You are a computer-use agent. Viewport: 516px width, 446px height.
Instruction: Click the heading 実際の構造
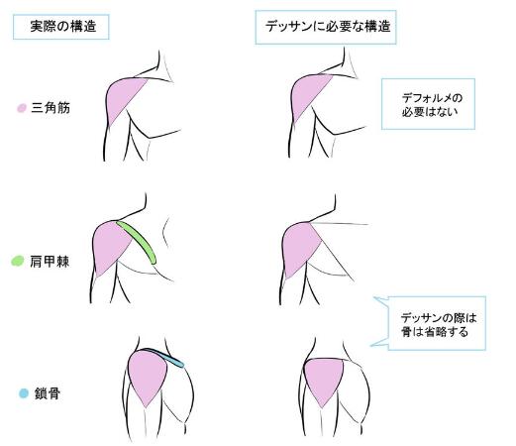click(63, 26)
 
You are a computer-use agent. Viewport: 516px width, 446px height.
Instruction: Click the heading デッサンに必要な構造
click(328, 26)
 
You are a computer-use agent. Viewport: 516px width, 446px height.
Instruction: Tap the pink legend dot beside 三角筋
click(22, 108)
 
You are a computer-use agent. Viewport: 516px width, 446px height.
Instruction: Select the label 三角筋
click(51, 108)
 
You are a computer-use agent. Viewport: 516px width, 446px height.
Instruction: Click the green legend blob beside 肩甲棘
click(18, 261)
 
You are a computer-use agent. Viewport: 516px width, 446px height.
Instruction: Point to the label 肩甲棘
click(50, 262)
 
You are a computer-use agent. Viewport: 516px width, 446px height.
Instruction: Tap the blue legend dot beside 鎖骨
click(24, 393)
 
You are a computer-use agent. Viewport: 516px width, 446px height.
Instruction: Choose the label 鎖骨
click(48, 393)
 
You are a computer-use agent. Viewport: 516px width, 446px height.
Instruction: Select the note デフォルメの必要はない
click(430, 105)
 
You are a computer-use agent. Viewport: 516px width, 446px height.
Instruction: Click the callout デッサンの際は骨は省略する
click(439, 325)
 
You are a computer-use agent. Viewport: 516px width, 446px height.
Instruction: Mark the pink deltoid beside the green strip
click(110, 246)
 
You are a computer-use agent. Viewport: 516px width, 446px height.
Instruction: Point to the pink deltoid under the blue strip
click(147, 377)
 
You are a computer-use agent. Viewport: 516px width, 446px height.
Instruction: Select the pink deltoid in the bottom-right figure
click(323, 381)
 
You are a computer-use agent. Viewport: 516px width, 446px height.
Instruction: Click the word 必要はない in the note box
click(430, 112)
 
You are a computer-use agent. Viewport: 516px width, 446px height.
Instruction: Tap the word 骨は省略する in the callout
click(435, 332)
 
